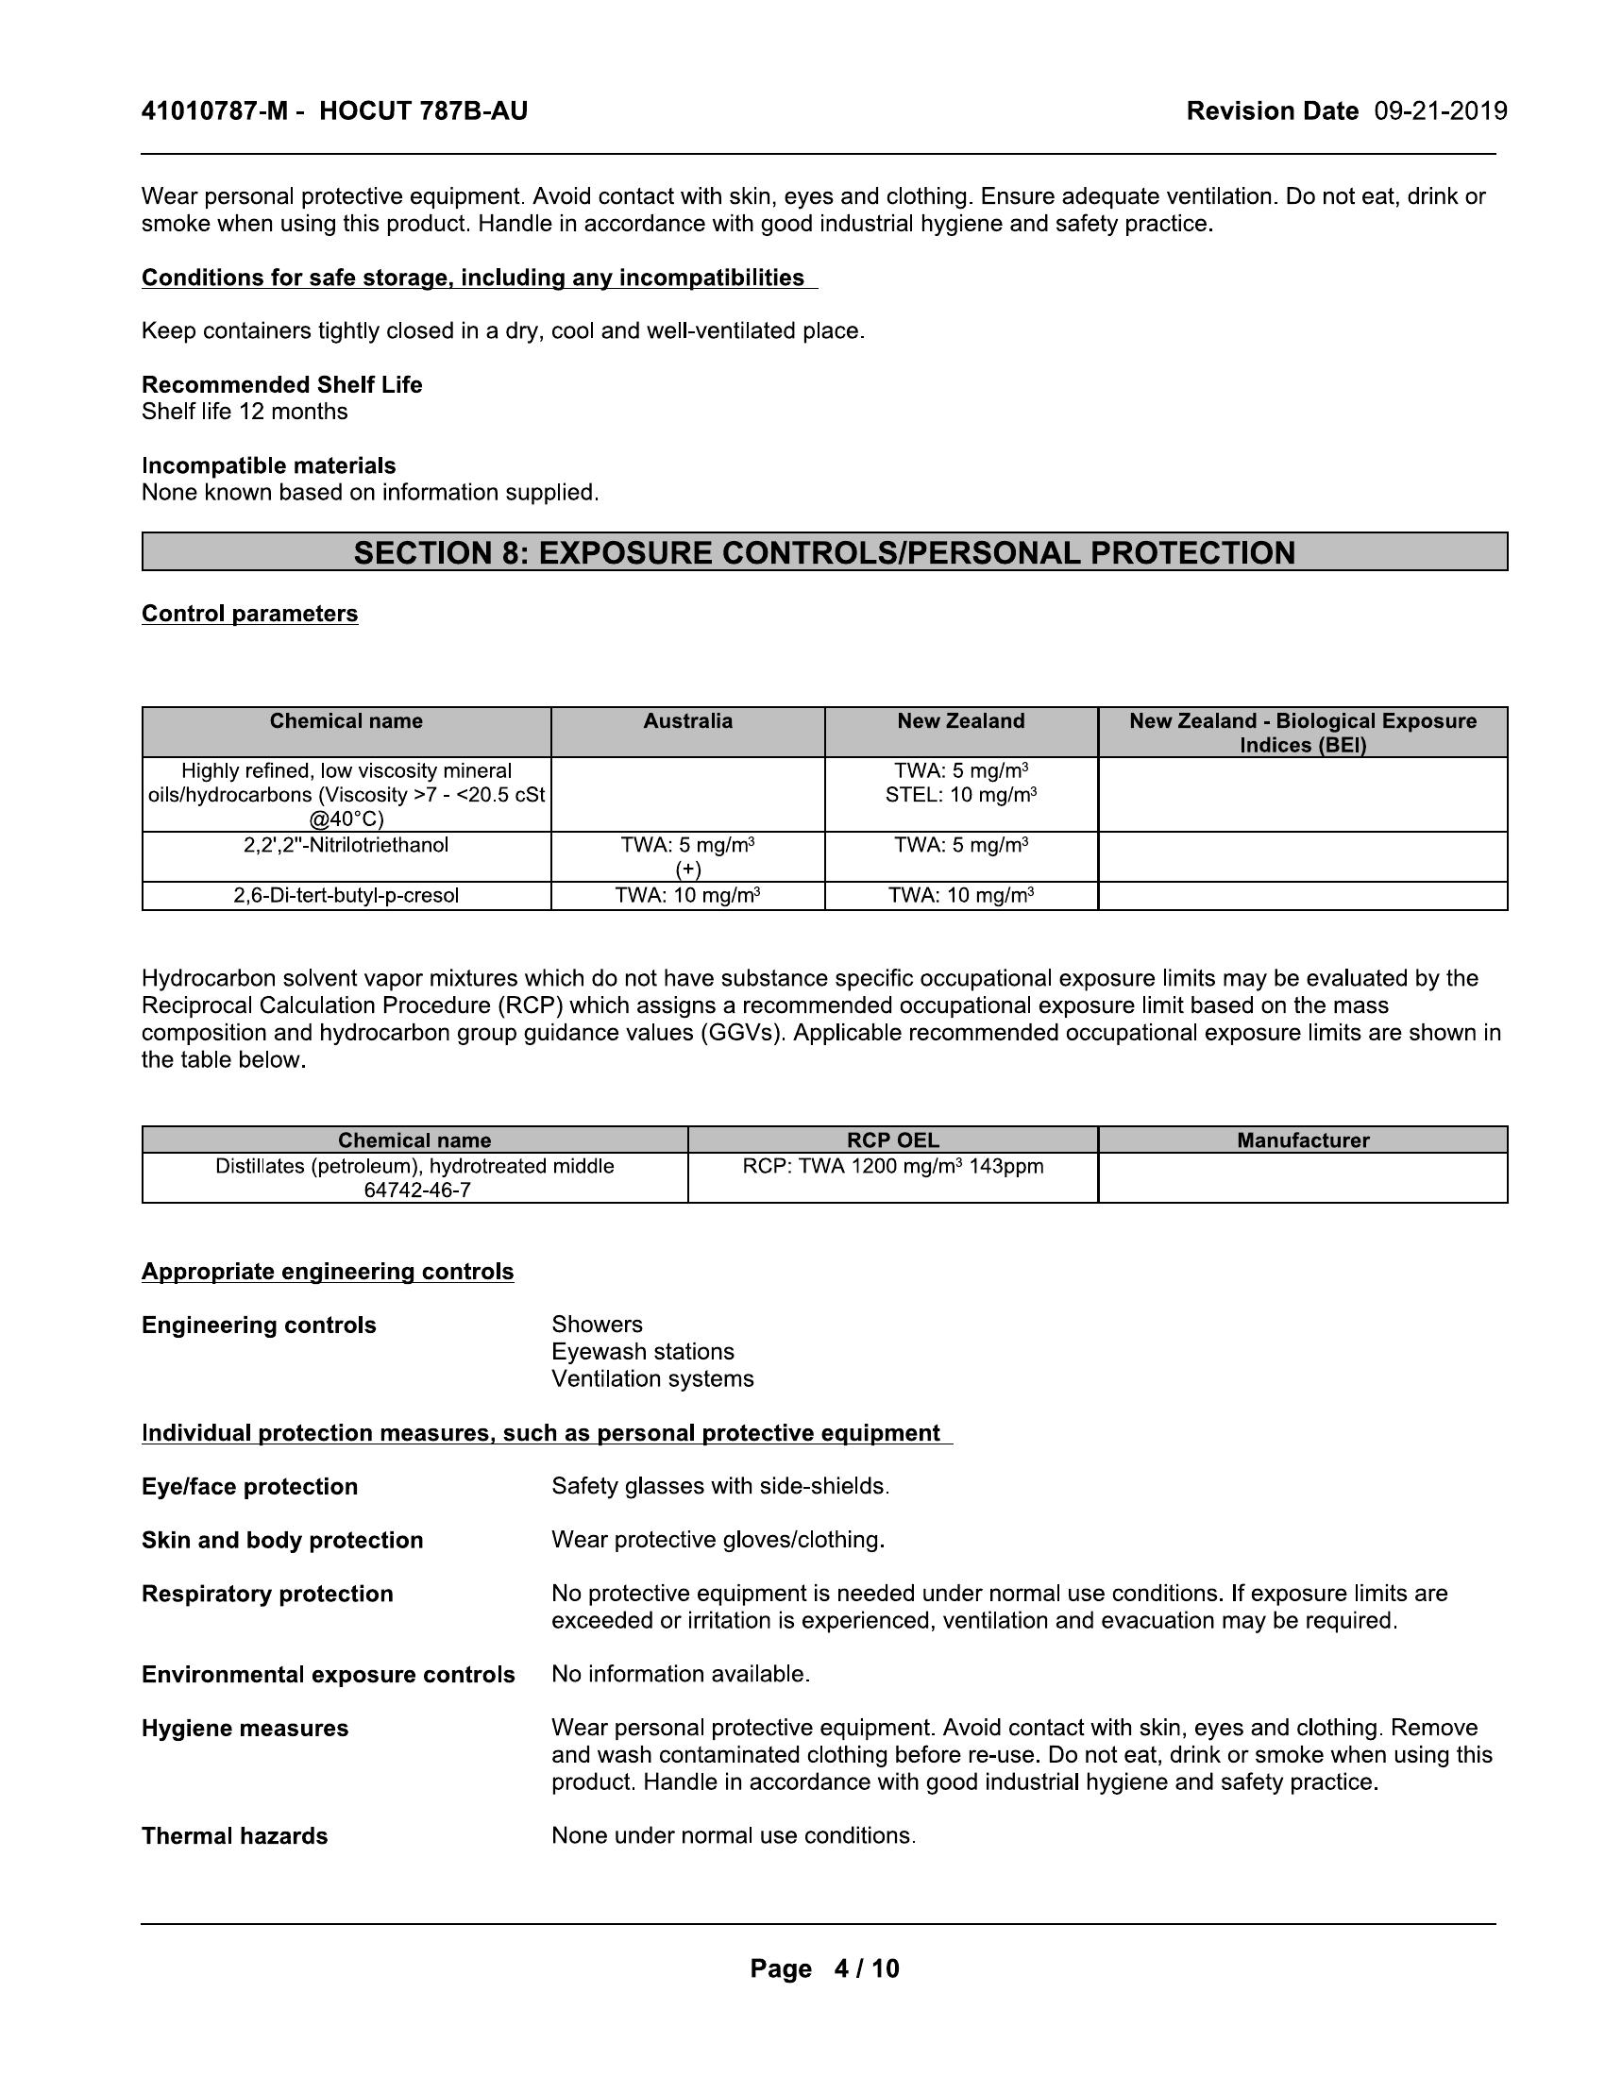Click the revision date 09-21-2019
point(1441,112)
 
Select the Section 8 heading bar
point(824,552)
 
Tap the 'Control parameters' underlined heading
point(250,615)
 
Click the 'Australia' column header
point(687,722)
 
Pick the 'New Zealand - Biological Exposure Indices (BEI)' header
point(1303,734)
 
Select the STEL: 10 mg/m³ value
point(960,795)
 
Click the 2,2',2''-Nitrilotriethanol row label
point(346,846)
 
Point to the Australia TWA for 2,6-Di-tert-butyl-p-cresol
point(687,896)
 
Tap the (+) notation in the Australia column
point(687,870)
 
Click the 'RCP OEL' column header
point(893,1140)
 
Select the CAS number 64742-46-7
point(416,1190)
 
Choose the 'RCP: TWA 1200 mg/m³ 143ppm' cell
point(893,1167)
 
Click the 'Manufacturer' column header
point(1303,1140)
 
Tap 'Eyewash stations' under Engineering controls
point(643,1352)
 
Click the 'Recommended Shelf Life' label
point(282,385)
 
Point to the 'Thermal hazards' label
point(235,1836)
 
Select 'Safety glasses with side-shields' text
point(719,1486)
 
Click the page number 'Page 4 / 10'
point(824,1968)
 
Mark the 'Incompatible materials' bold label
point(269,466)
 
